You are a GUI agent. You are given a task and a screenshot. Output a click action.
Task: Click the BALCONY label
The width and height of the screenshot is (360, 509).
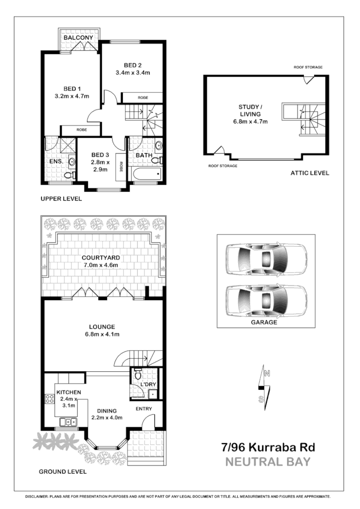(x=78, y=38)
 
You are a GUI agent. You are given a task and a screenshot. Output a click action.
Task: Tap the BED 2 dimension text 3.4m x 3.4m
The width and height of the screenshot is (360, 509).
(x=133, y=72)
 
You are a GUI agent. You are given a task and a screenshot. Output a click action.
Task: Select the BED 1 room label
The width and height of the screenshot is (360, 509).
(x=72, y=88)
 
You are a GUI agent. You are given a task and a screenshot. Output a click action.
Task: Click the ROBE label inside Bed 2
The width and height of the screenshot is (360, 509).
(x=142, y=98)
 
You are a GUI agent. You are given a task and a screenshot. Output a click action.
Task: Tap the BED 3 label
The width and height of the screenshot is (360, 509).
(x=100, y=154)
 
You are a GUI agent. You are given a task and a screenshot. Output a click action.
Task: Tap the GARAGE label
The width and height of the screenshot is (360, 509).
(x=264, y=322)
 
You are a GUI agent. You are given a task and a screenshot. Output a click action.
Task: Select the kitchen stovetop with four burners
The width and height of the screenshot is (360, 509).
(x=50, y=399)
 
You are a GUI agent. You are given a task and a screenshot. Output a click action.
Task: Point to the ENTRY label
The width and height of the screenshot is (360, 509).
(x=143, y=409)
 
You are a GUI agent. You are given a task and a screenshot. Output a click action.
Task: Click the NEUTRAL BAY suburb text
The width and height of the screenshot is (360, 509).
(x=268, y=461)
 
